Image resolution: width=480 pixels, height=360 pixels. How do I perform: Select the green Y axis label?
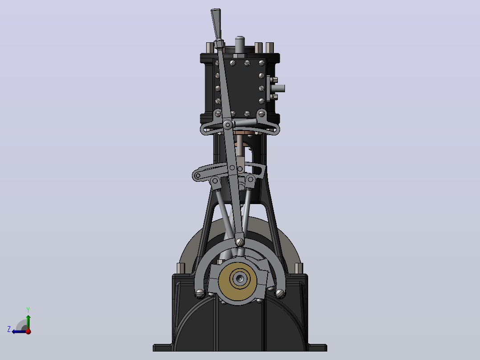coord(28,310)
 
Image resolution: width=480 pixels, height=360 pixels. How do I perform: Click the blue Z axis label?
coord(9,329)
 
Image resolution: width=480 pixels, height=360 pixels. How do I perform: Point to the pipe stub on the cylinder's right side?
coord(279,89)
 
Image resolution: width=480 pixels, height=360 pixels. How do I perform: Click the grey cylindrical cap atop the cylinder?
coord(240,45)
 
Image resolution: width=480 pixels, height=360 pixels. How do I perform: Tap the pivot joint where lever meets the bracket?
coord(228,125)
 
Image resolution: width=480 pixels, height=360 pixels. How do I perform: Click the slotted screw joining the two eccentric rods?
coord(240,242)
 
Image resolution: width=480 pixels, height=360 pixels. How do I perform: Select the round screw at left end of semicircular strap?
coord(200,294)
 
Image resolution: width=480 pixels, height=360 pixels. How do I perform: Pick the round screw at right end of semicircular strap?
coord(280,294)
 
